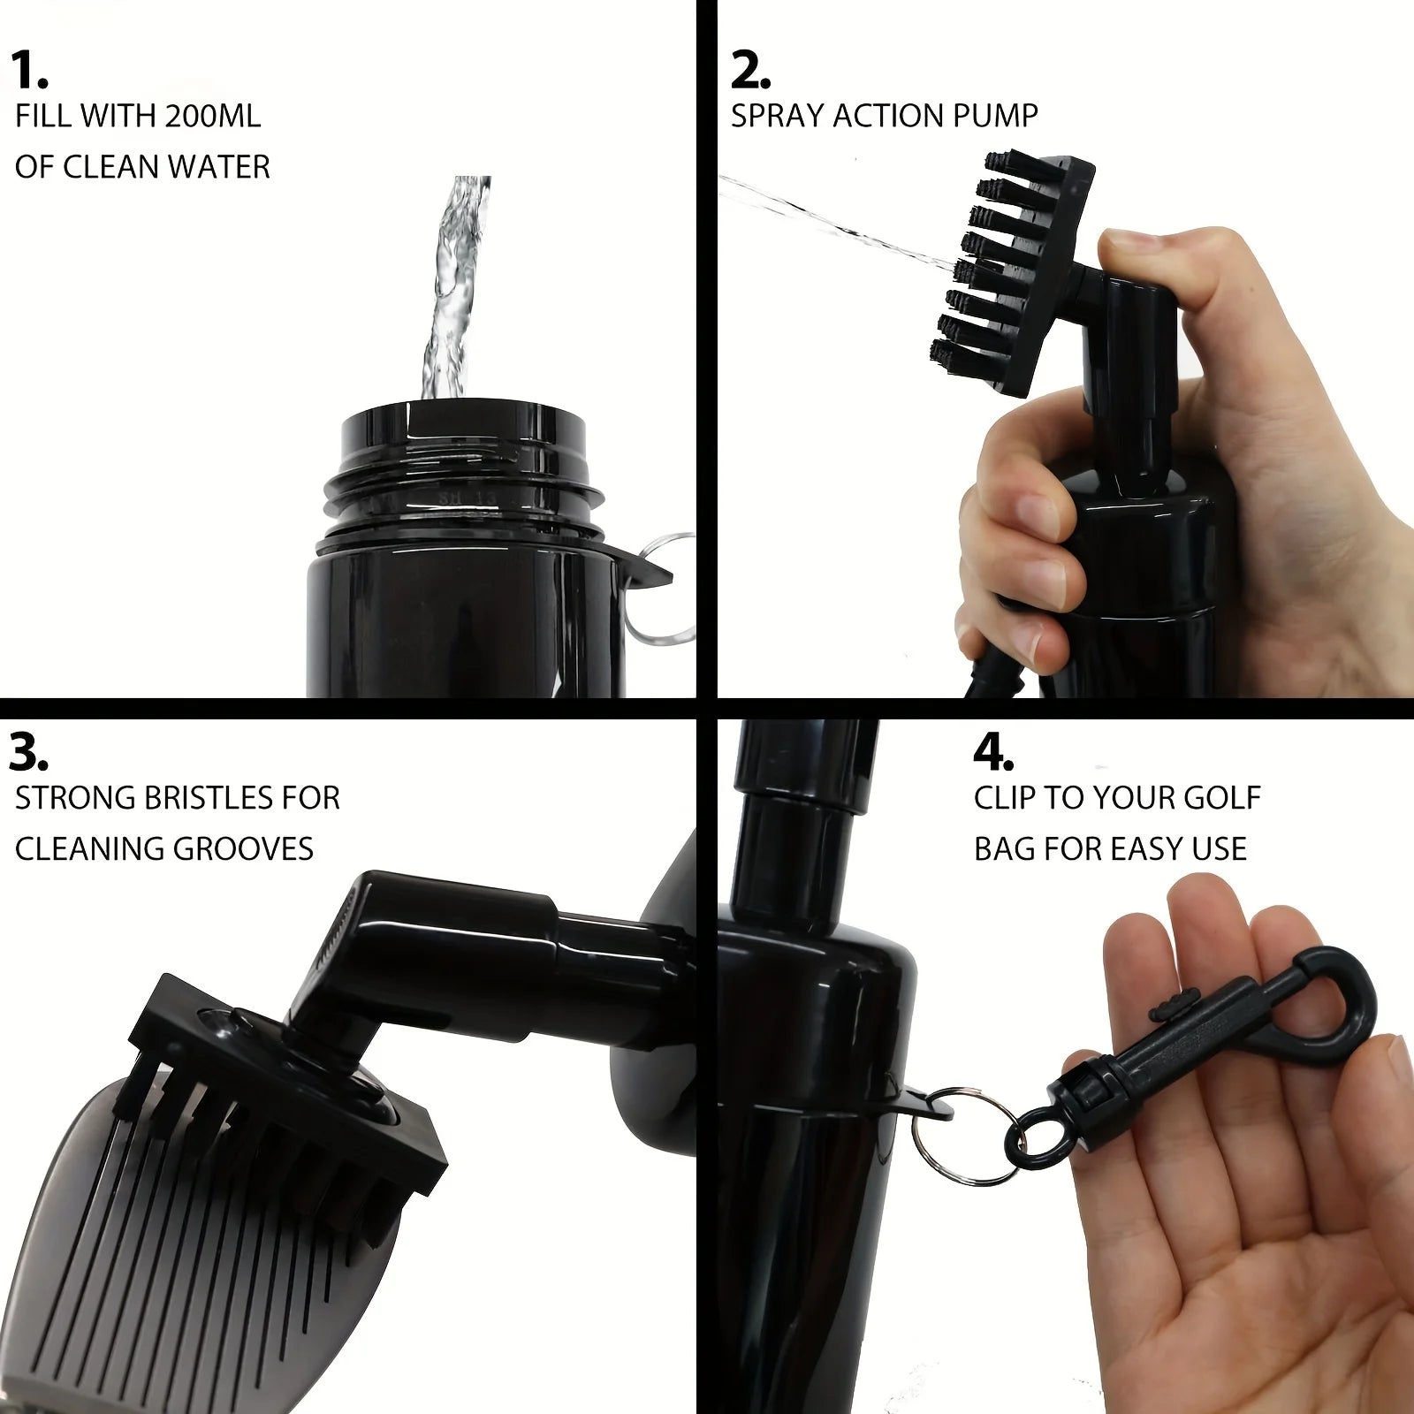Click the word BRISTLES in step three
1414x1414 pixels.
pos(183,798)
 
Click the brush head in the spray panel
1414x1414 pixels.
pos(1016,256)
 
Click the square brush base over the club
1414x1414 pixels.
pos(292,1060)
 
